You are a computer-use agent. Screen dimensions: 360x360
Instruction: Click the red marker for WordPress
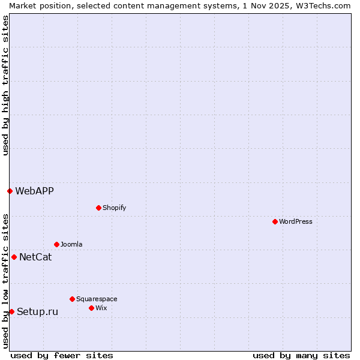[x=275, y=221]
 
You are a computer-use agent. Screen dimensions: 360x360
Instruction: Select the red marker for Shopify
[x=98, y=208]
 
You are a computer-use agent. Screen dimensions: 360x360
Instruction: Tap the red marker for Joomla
[x=56, y=244]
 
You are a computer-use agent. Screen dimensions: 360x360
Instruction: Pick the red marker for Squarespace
[x=72, y=299]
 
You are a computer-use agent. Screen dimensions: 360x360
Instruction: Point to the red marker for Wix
[x=91, y=308]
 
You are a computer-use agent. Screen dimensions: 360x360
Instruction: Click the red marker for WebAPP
[x=10, y=191]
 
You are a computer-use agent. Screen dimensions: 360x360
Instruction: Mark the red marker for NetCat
[x=14, y=257]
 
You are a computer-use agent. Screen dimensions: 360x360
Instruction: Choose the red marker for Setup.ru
[x=11, y=311]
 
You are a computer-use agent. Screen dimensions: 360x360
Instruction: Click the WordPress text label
[x=296, y=221]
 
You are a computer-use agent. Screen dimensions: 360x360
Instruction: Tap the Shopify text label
[x=115, y=208]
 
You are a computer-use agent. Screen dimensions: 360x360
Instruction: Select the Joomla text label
[x=71, y=244]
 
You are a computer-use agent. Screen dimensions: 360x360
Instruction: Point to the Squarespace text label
[x=97, y=299]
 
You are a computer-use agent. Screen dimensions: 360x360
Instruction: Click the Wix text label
[x=101, y=308]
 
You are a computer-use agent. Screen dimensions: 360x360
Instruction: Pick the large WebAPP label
[x=34, y=191]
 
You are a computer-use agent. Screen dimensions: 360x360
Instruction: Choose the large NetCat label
[x=35, y=257]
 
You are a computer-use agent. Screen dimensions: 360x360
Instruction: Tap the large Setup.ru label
[x=37, y=311]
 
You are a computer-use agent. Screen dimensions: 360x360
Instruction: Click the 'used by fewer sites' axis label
[x=62, y=355]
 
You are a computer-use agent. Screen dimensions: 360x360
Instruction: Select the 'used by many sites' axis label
[x=301, y=355]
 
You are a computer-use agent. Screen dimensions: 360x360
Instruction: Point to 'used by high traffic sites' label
[x=5, y=85]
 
